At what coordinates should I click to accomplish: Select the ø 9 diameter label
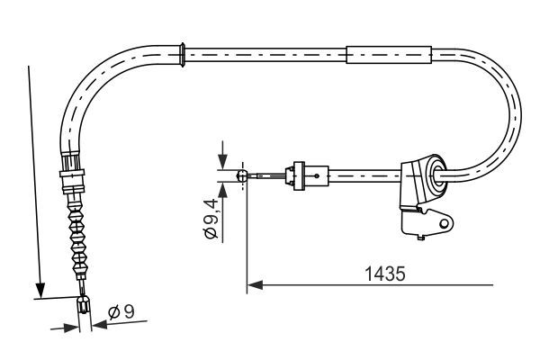tap(120, 313)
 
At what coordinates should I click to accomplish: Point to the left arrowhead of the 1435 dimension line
tap(254, 286)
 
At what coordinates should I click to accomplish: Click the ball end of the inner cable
tap(241, 176)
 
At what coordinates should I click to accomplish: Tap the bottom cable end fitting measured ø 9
tap(84, 307)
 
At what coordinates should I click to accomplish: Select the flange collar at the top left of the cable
tap(184, 52)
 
